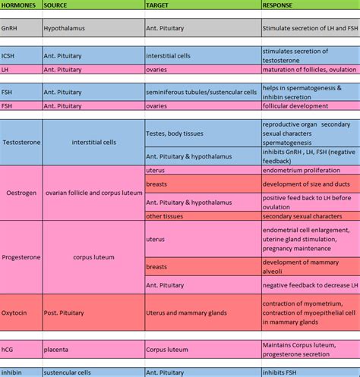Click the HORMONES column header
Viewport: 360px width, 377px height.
(x=20, y=5)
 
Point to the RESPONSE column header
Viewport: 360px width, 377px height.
(x=280, y=5)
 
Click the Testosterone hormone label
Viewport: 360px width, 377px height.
(x=22, y=142)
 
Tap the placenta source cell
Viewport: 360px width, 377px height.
(x=57, y=350)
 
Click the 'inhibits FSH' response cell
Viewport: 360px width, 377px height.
(x=284, y=372)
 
